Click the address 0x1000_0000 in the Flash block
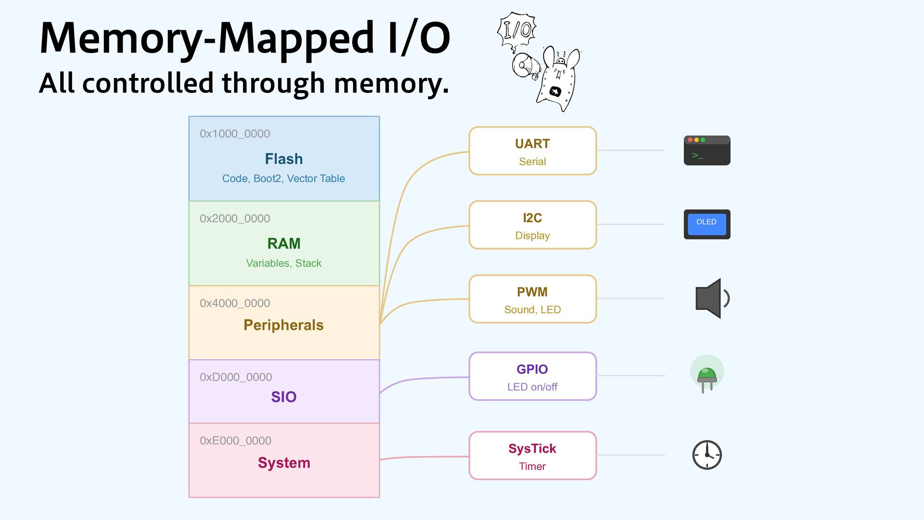point(235,134)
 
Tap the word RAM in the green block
point(283,244)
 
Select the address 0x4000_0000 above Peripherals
point(235,303)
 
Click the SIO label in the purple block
point(283,397)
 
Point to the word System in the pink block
point(284,463)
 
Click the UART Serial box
point(532,151)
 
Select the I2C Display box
point(532,225)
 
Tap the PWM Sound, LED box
point(532,299)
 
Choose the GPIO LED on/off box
point(532,377)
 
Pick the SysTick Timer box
point(532,456)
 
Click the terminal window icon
point(707,151)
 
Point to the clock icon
point(707,455)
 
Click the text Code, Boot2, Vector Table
point(283,179)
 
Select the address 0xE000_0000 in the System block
point(235,441)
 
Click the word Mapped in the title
point(295,39)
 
